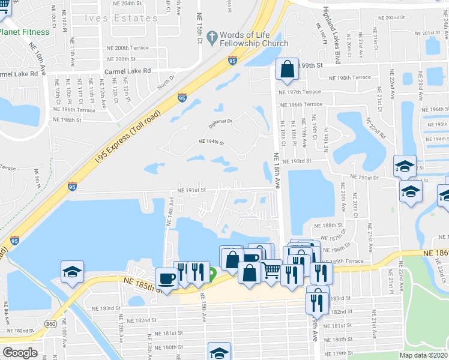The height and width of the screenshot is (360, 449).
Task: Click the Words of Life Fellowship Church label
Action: pyautogui.click(x=254, y=40)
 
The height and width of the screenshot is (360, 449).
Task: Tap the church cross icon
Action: pyautogui.click(x=211, y=38)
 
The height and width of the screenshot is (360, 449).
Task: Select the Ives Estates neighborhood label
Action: pyautogui.click(x=128, y=18)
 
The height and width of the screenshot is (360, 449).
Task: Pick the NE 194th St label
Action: pyautogui.click(x=211, y=143)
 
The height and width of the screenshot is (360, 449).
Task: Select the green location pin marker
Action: pyautogui.click(x=212, y=276)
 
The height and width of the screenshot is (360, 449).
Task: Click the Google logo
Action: pyautogui.click(x=20, y=353)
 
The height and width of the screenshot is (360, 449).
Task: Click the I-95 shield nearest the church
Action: pyautogui.click(x=233, y=59)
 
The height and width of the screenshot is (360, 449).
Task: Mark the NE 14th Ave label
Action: pyautogui.click(x=170, y=211)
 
